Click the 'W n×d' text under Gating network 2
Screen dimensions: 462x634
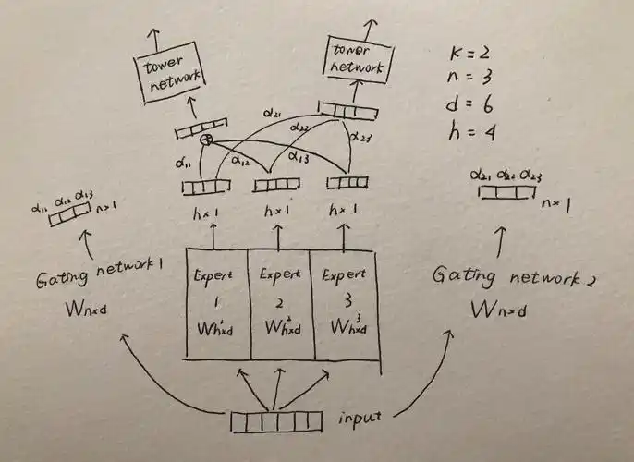click(499, 310)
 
